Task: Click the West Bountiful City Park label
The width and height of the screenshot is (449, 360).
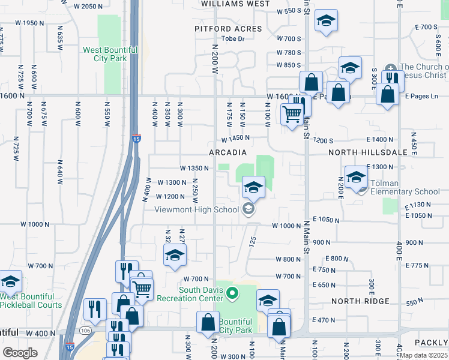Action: (x=106, y=54)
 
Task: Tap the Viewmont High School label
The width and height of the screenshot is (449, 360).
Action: (x=196, y=209)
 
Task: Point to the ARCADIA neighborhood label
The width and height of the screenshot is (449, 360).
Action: (x=229, y=152)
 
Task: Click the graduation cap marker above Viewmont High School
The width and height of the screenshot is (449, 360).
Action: (x=253, y=187)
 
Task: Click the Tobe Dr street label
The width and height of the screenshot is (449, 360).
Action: (x=234, y=39)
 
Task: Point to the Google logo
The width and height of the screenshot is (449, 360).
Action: (x=20, y=353)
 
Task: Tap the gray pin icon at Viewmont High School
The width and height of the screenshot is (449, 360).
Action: (x=247, y=209)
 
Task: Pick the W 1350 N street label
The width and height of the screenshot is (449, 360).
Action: (x=194, y=169)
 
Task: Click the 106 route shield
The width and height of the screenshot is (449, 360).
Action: (x=86, y=330)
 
